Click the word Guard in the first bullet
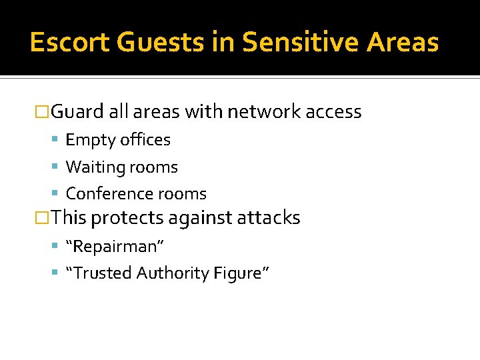pos(77,111)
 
